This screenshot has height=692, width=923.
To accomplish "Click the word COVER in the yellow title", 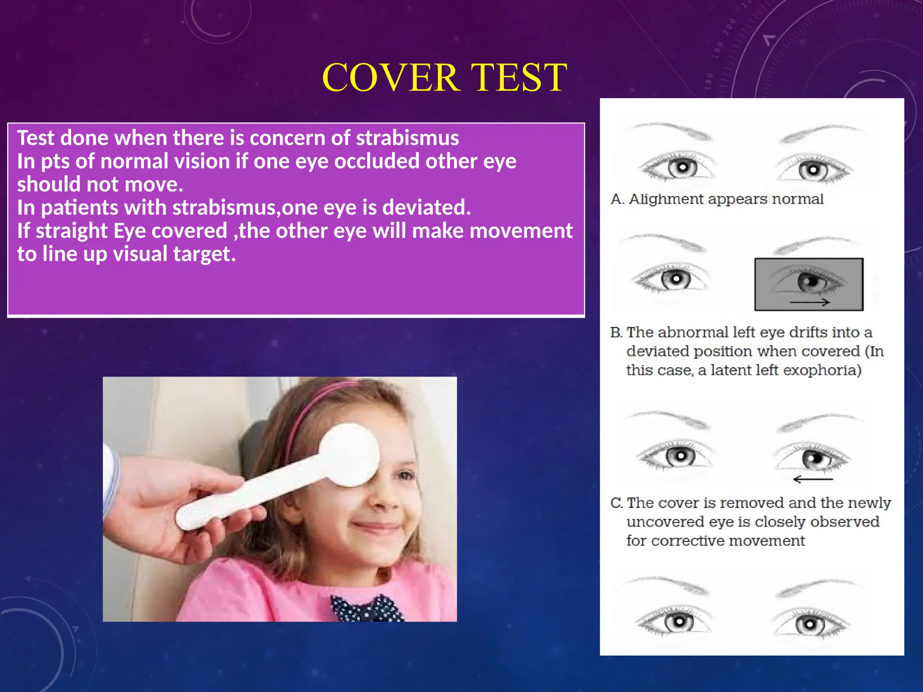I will [391, 77].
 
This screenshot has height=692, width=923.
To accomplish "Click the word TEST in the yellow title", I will [518, 77].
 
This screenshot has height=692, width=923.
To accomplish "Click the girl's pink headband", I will [311, 405].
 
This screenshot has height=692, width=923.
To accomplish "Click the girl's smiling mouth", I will [376, 525].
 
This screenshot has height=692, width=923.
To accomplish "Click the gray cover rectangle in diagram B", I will [809, 284].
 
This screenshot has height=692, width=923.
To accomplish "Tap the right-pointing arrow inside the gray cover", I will [810, 302].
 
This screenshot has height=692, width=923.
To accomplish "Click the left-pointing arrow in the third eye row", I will [813, 479].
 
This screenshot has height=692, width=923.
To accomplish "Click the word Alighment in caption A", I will [666, 199].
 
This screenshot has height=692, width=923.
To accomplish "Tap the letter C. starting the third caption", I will [616, 503].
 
